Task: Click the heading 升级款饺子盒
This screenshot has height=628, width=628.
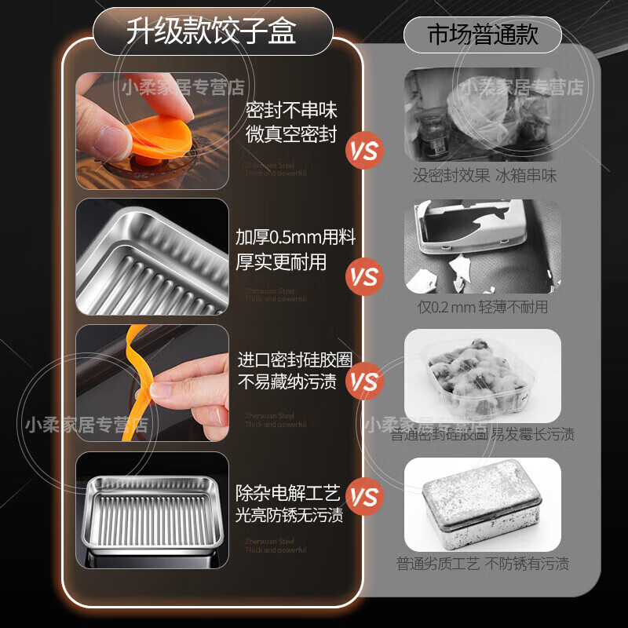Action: [212, 32]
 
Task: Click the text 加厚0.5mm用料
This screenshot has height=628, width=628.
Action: [287, 237]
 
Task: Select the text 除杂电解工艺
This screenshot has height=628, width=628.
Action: [288, 493]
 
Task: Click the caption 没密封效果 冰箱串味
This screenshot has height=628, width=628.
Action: [484, 176]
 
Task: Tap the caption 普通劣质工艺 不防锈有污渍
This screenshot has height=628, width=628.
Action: [482, 564]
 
